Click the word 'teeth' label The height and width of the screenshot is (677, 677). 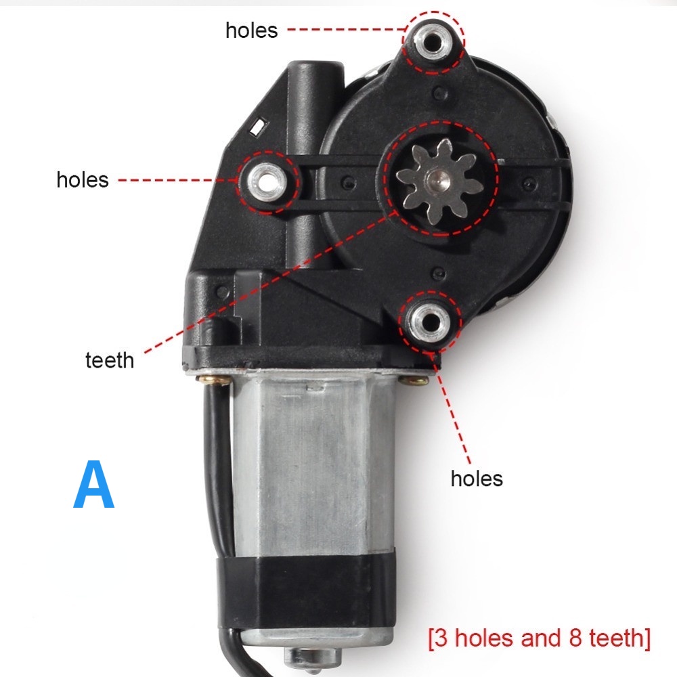(x=110, y=359)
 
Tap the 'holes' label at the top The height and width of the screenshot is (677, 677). (x=252, y=30)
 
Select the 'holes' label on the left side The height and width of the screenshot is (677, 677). (x=83, y=179)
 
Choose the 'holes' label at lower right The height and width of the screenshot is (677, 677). (x=477, y=479)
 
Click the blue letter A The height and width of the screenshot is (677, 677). (x=93, y=485)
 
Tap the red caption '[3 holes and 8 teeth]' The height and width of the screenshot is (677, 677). (x=539, y=638)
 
